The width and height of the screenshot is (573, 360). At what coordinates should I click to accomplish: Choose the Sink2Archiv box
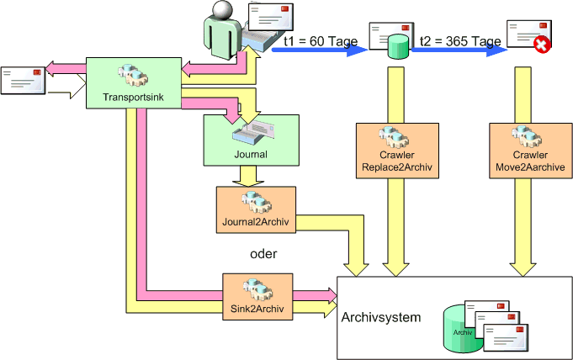click(257, 297)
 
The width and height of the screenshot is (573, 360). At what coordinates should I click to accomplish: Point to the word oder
click(263, 253)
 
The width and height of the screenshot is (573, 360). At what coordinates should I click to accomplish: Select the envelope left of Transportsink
click(23, 81)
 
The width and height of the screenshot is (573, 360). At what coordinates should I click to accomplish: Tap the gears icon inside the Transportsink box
click(134, 74)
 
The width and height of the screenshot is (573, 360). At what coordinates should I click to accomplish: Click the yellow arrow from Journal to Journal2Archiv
click(248, 176)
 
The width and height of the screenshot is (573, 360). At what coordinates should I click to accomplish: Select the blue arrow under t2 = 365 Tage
click(459, 50)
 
